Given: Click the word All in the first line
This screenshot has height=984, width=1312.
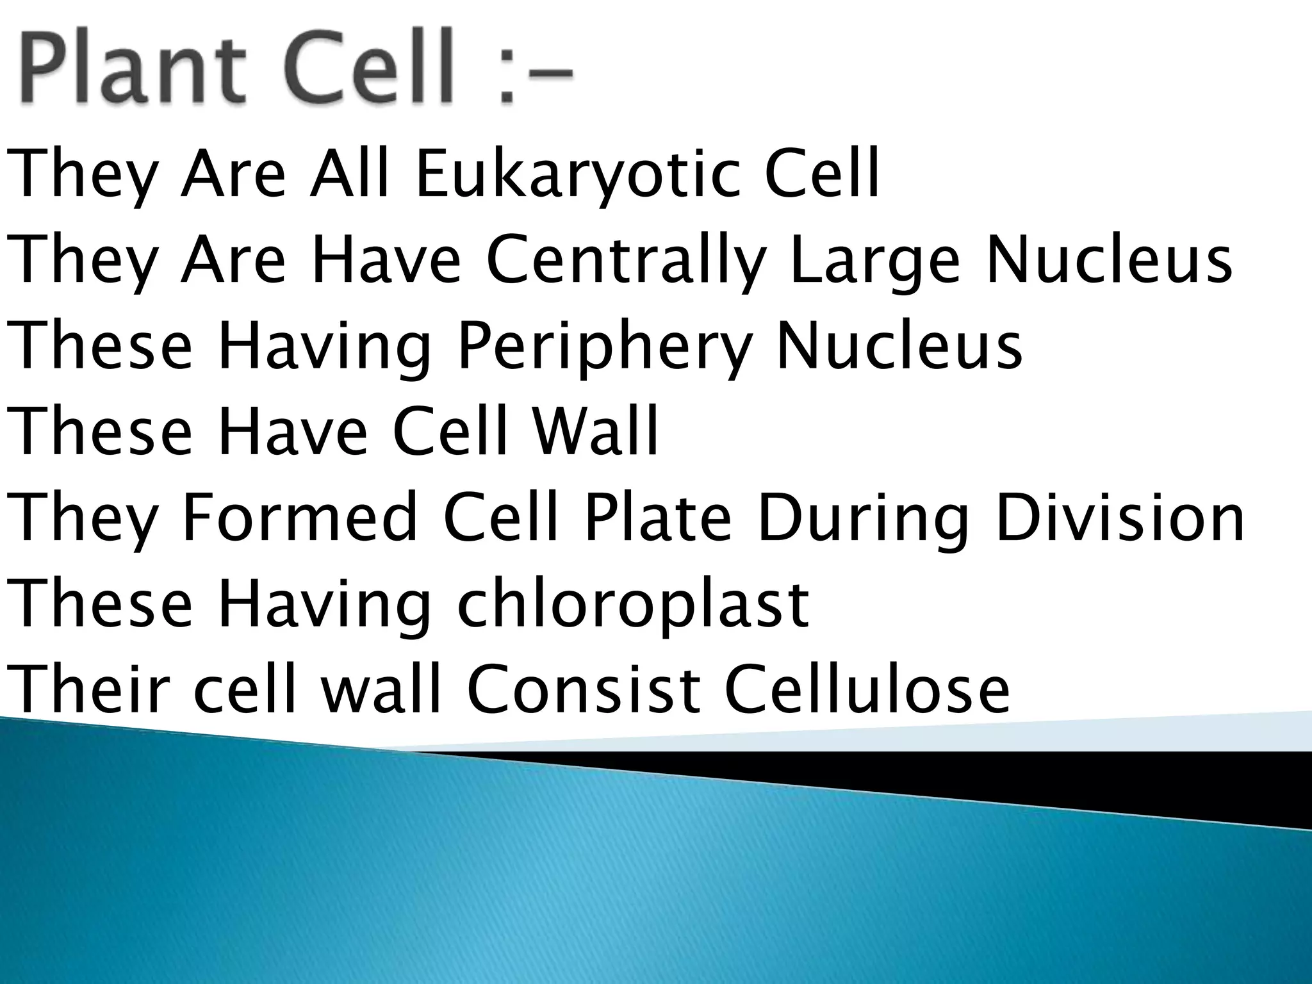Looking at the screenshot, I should click(349, 174).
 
